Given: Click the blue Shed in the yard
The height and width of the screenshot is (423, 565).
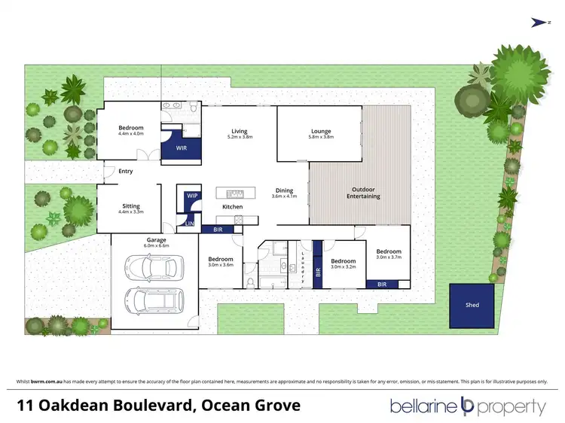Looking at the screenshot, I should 472,306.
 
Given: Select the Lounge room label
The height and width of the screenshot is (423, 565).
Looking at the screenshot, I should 320,132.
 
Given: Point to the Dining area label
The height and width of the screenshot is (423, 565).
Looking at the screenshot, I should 284,190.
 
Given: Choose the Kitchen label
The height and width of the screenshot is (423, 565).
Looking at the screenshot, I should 231,206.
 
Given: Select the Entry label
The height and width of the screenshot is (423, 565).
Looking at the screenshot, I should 125,172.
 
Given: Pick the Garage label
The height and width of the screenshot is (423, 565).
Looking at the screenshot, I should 157,240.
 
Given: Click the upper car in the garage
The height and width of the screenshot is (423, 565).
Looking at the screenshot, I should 155,266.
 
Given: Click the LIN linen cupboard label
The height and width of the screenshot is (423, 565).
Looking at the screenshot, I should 190,224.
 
